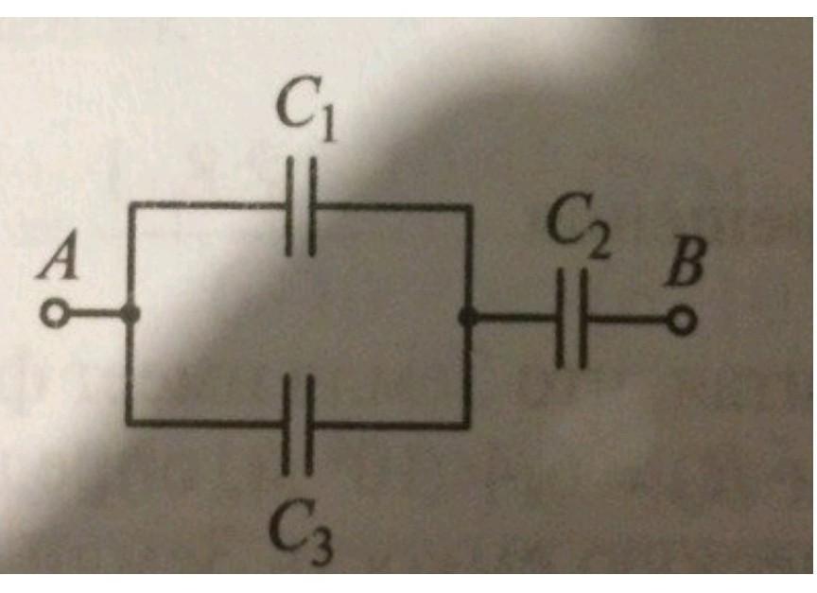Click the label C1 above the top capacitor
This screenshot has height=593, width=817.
[304, 113]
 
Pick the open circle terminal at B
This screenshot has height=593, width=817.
[682, 322]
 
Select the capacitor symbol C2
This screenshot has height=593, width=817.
[572, 320]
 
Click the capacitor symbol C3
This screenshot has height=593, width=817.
[300, 425]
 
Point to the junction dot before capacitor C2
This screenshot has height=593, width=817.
[466, 319]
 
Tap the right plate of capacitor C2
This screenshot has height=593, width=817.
[583, 320]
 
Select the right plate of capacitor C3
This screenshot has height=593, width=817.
[310, 425]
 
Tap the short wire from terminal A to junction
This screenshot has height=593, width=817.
[95, 316]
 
